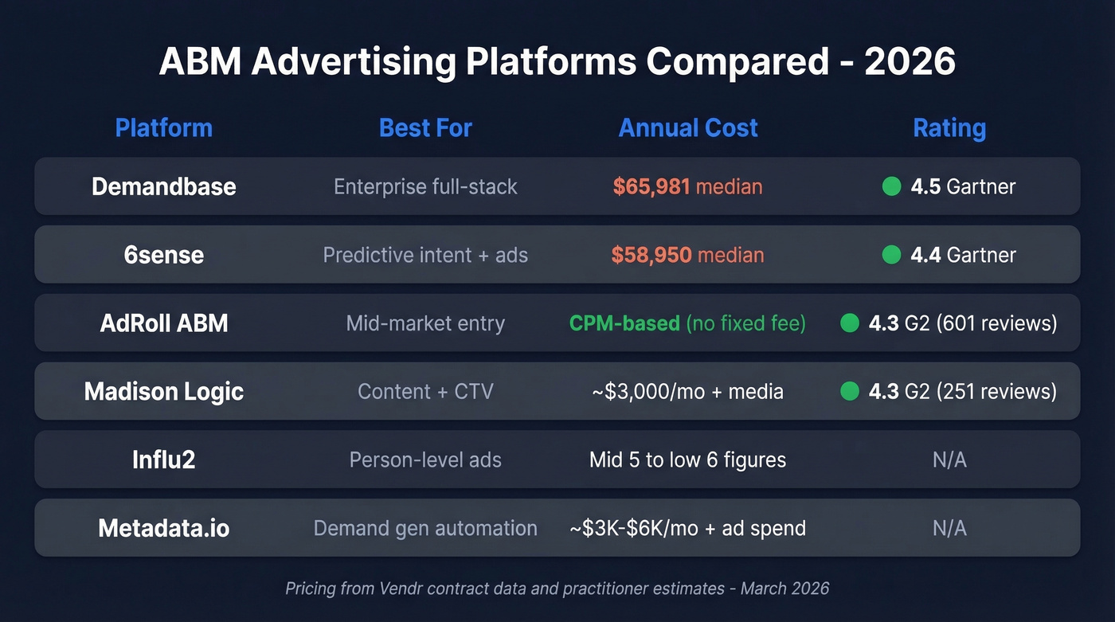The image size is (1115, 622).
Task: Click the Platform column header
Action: click(163, 128)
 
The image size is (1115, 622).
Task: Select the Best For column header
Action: click(425, 128)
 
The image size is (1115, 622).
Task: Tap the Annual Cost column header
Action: click(688, 128)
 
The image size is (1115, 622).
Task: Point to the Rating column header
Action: click(949, 128)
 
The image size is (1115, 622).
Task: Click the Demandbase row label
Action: click(163, 186)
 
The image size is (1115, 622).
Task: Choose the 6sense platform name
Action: click(163, 255)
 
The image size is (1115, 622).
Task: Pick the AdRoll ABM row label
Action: click(163, 323)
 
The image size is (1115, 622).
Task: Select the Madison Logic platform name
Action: click(163, 392)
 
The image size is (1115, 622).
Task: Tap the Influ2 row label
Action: click(163, 460)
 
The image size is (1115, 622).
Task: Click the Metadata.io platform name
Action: click(163, 528)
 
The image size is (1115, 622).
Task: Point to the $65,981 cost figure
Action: click(651, 186)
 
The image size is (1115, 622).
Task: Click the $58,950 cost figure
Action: click(651, 255)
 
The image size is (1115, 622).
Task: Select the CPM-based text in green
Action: click(624, 323)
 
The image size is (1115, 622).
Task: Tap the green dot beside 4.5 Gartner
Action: click(892, 186)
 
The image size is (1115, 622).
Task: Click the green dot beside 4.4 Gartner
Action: click(892, 255)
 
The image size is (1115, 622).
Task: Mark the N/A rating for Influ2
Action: click(949, 460)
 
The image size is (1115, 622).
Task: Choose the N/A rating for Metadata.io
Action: click(949, 528)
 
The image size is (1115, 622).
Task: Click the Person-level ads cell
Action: click(425, 460)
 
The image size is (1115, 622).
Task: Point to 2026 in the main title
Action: click(910, 62)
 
